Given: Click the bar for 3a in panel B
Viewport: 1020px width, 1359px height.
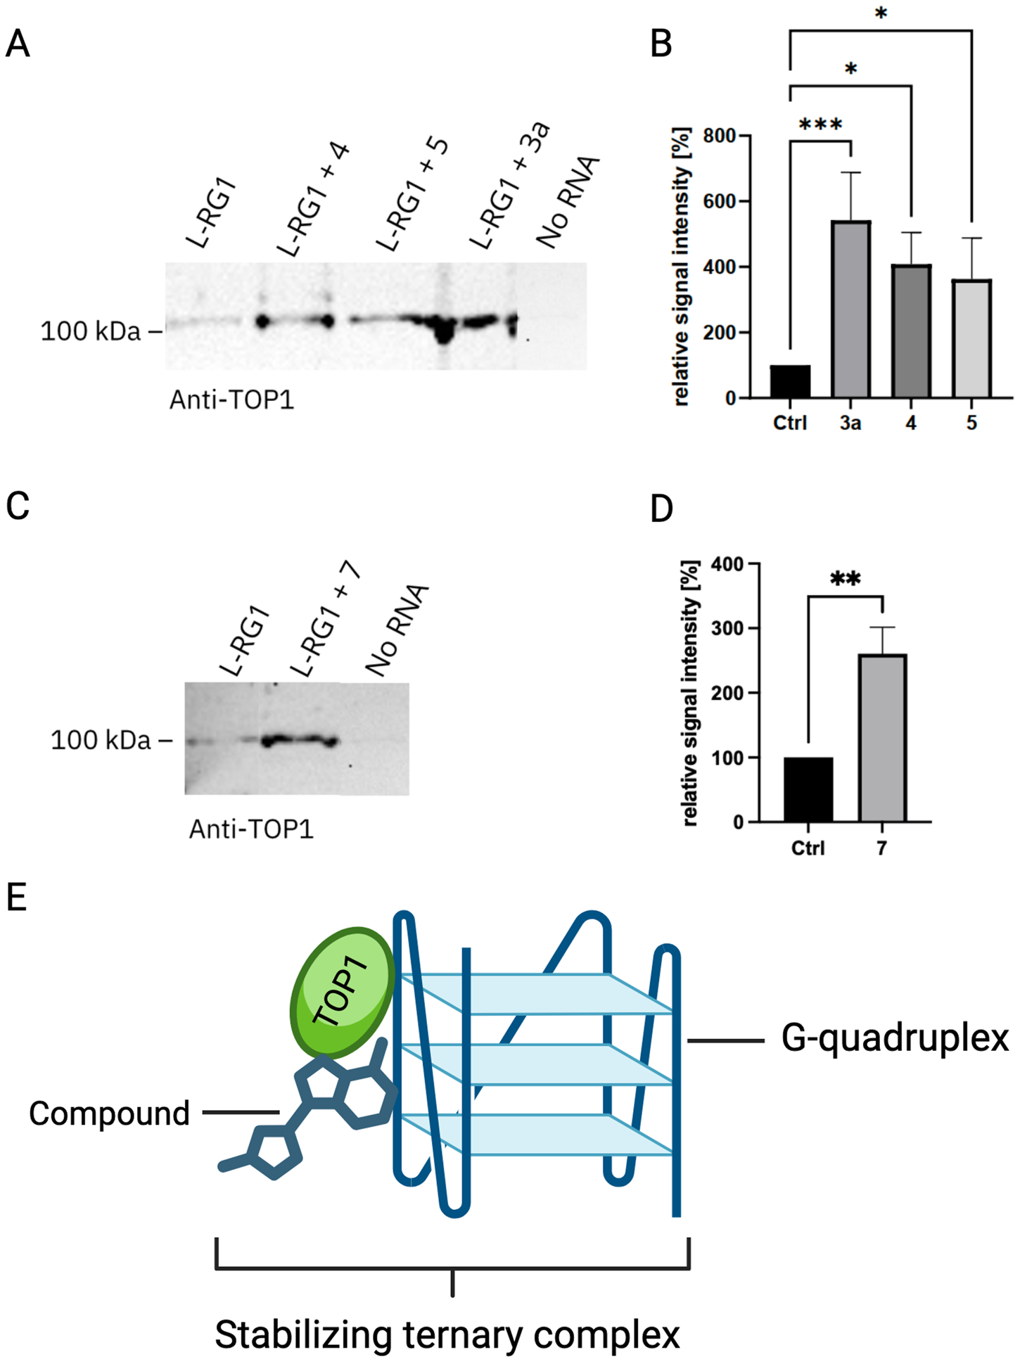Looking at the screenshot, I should click(x=850, y=310).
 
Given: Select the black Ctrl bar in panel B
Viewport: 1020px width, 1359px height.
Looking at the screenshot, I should click(x=790, y=381).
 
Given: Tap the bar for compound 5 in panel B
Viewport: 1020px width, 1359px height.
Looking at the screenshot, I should click(x=971, y=338).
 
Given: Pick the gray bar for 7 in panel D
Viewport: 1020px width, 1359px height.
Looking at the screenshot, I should click(x=882, y=738).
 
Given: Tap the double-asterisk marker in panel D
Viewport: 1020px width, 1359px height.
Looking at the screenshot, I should click(x=845, y=580).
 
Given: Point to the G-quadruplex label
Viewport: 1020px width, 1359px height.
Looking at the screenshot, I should click(x=895, y=1038).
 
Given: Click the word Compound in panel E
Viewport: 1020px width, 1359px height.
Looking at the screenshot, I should click(x=110, y=1114).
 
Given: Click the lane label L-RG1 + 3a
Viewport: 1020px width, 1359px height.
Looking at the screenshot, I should click(x=509, y=187).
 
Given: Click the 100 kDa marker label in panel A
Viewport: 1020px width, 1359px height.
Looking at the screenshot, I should click(x=91, y=331).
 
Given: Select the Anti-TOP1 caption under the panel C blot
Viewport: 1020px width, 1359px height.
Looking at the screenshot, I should click(x=251, y=830).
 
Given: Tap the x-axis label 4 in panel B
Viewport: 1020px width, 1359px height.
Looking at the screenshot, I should click(x=911, y=423).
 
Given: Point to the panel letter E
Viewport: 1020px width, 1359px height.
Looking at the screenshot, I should click(x=16, y=898).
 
